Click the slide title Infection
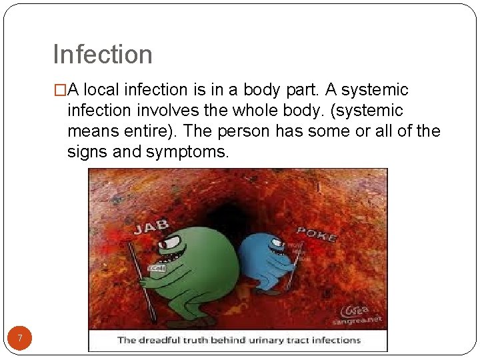103,55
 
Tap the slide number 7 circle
20,339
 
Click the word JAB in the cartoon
152,226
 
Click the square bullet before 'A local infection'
60,90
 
